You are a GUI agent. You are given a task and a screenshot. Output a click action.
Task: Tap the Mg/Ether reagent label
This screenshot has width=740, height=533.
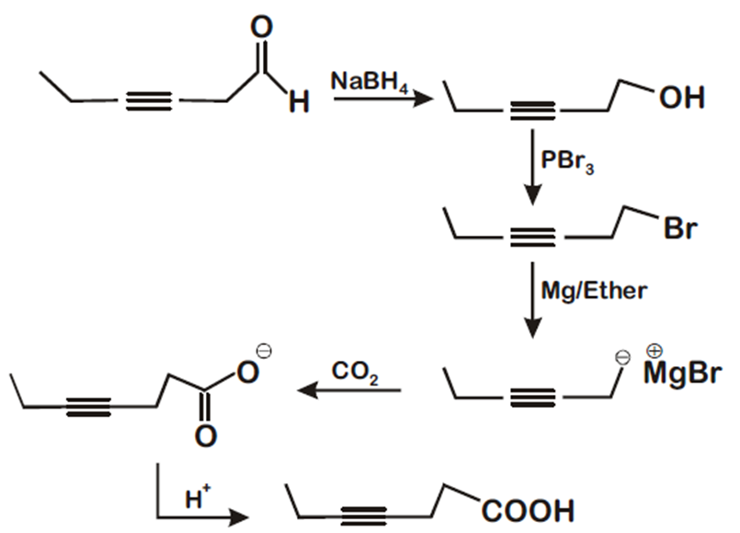[x=594, y=292]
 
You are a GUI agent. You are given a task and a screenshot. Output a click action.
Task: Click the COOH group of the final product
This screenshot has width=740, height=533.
[x=526, y=508]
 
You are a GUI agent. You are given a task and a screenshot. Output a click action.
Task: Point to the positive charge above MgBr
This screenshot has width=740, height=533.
[x=655, y=351]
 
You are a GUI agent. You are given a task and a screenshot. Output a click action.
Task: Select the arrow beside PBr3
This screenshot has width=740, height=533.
[x=533, y=170]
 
